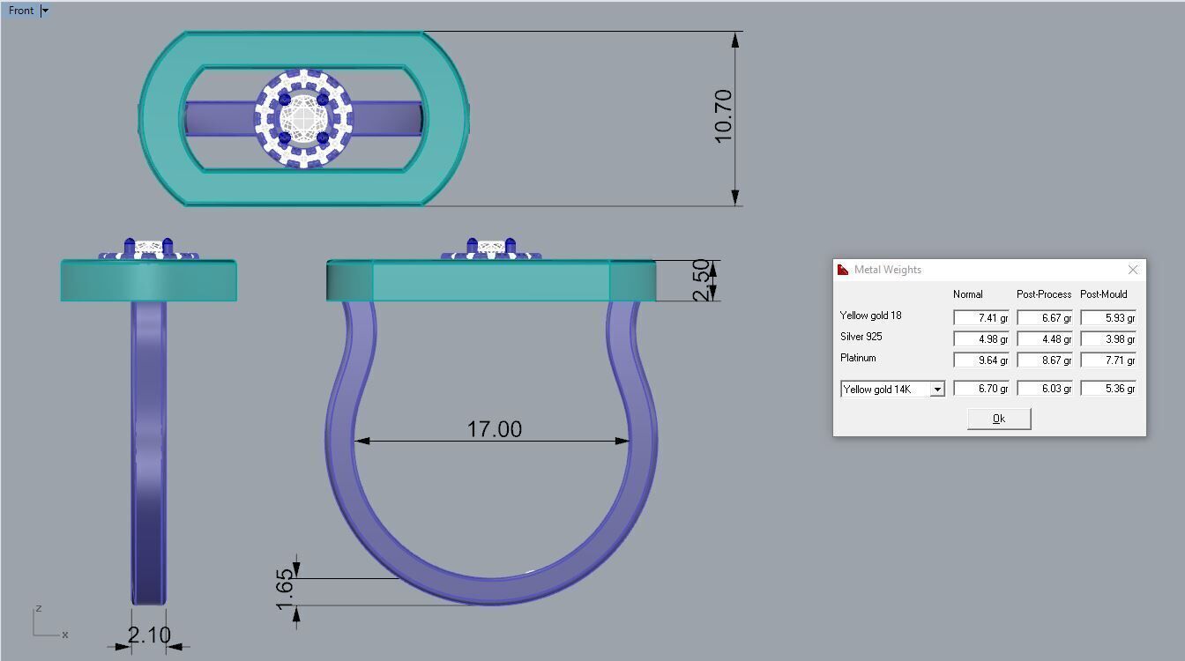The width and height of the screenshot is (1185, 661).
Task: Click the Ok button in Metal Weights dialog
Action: tap(999, 419)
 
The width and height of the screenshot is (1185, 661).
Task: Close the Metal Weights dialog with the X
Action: tap(1133, 270)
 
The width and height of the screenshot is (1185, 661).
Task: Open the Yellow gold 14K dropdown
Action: tap(936, 389)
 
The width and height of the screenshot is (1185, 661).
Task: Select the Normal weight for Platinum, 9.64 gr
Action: tap(981, 360)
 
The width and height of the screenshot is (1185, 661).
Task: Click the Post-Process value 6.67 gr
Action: tap(1045, 318)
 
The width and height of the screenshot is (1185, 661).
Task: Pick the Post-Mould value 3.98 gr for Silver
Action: tap(1108, 339)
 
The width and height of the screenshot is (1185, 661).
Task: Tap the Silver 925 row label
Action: tap(861, 337)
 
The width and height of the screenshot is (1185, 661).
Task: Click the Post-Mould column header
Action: tap(1104, 294)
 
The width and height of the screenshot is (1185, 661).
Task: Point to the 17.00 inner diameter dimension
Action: tap(494, 429)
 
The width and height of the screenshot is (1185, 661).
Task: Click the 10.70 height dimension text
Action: tap(723, 116)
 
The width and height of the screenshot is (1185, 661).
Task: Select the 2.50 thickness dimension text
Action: tap(702, 279)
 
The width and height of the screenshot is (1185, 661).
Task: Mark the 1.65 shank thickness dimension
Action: tap(284, 589)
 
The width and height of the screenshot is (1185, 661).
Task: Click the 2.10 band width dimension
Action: tap(149, 635)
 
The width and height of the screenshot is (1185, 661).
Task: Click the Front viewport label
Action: tap(21, 11)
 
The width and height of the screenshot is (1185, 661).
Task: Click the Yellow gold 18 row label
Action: tap(870, 316)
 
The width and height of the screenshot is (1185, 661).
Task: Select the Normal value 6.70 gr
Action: tap(981, 389)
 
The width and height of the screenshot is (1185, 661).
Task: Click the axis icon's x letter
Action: tap(65, 635)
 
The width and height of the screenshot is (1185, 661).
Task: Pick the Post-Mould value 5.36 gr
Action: tap(1108, 389)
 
